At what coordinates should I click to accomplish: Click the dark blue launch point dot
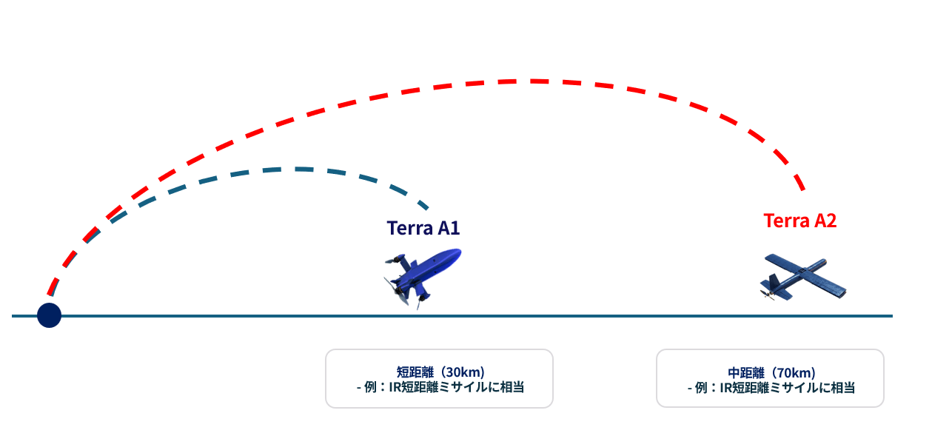(x=50, y=315)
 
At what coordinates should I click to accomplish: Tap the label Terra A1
(x=423, y=228)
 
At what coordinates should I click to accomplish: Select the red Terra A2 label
(x=800, y=221)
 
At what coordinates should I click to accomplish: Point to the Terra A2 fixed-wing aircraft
(x=802, y=278)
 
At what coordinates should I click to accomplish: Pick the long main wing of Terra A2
(x=805, y=275)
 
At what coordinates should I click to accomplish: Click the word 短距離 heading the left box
(x=415, y=372)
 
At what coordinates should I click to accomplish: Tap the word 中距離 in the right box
(x=746, y=373)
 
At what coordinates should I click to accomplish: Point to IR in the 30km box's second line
(x=395, y=388)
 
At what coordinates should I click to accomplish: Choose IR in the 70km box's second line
(x=726, y=388)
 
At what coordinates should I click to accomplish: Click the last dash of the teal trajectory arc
(x=423, y=205)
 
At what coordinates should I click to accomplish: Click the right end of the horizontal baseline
(x=893, y=316)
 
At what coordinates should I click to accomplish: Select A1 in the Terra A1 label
(x=449, y=228)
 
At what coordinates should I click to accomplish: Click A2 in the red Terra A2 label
(x=825, y=221)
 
